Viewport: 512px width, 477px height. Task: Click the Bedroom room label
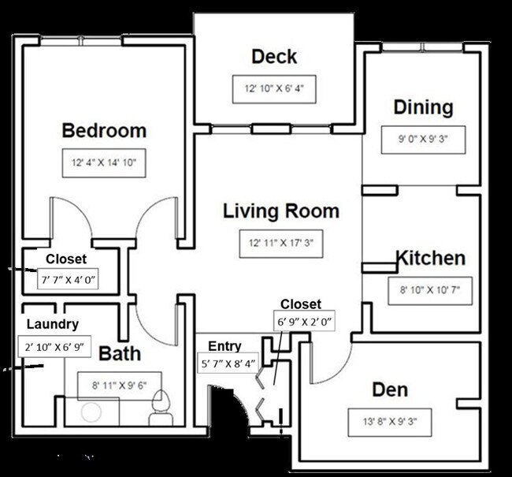click(104, 130)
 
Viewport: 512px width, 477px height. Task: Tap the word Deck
click(274, 57)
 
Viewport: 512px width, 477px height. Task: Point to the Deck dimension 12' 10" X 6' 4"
click(274, 88)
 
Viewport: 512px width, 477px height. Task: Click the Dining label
click(424, 107)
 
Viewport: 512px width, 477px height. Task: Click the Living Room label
click(281, 211)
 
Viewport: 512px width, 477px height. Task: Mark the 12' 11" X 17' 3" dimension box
click(281, 244)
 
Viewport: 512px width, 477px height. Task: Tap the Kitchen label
click(429, 259)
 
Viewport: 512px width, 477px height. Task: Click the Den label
click(391, 391)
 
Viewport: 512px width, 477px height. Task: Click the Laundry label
click(53, 323)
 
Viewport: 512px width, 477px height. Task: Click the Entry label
click(224, 346)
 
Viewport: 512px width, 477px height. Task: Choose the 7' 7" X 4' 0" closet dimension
click(68, 279)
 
